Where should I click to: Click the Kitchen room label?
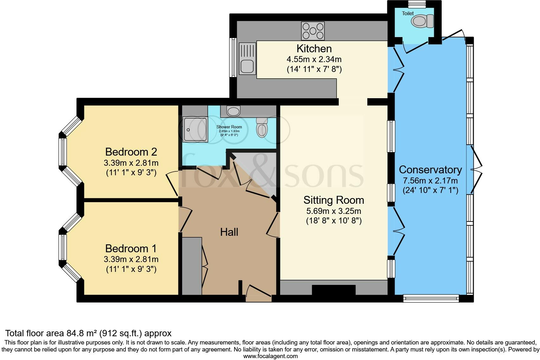click(314, 48)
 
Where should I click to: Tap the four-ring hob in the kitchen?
click(313, 31)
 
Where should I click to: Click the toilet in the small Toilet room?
click(422, 22)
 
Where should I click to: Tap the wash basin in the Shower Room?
click(234, 111)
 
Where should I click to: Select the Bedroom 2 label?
click(131, 152)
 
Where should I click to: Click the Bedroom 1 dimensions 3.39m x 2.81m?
click(131, 259)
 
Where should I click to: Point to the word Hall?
click(229, 232)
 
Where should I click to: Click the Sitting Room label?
click(334, 200)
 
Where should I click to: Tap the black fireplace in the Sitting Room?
click(334, 290)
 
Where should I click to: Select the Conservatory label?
click(430, 170)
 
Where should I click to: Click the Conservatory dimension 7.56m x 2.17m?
click(430, 181)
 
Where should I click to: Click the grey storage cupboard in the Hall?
click(192, 266)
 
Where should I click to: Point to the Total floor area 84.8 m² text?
click(88, 333)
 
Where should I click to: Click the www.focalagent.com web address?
click(270, 356)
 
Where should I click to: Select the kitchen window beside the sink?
click(233, 57)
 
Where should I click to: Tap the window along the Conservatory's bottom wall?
click(431, 298)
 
